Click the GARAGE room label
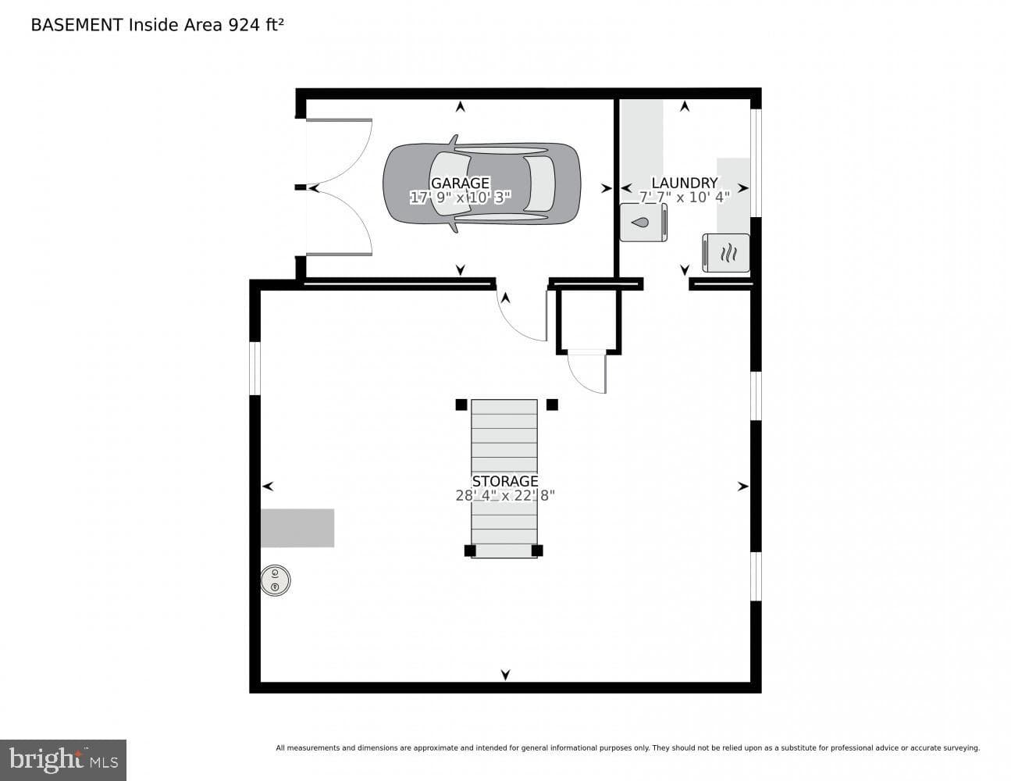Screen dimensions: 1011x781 [460, 183]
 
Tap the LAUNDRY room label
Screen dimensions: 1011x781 [685, 183]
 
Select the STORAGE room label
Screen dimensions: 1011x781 [505, 481]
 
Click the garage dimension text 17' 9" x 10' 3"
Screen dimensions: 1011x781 [460, 198]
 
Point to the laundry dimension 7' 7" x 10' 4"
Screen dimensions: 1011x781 [685, 198]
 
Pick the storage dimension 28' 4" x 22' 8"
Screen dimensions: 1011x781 [505, 496]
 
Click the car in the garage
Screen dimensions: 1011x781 [482, 184]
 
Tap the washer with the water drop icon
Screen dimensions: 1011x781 [643, 223]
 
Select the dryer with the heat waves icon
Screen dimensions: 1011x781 [726, 253]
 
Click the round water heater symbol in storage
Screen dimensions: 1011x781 [275, 580]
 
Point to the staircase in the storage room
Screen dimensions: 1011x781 [504, 479]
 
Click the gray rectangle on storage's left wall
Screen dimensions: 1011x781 [297, 528]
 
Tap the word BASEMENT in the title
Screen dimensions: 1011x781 [77, 25]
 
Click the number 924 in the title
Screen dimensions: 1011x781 [244, 25]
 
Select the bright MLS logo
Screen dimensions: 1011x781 [63, 760]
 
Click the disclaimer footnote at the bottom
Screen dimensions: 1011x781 [628, 748]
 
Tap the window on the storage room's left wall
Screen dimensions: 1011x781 [255, 369]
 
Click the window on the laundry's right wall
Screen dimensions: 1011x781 [756, 163]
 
